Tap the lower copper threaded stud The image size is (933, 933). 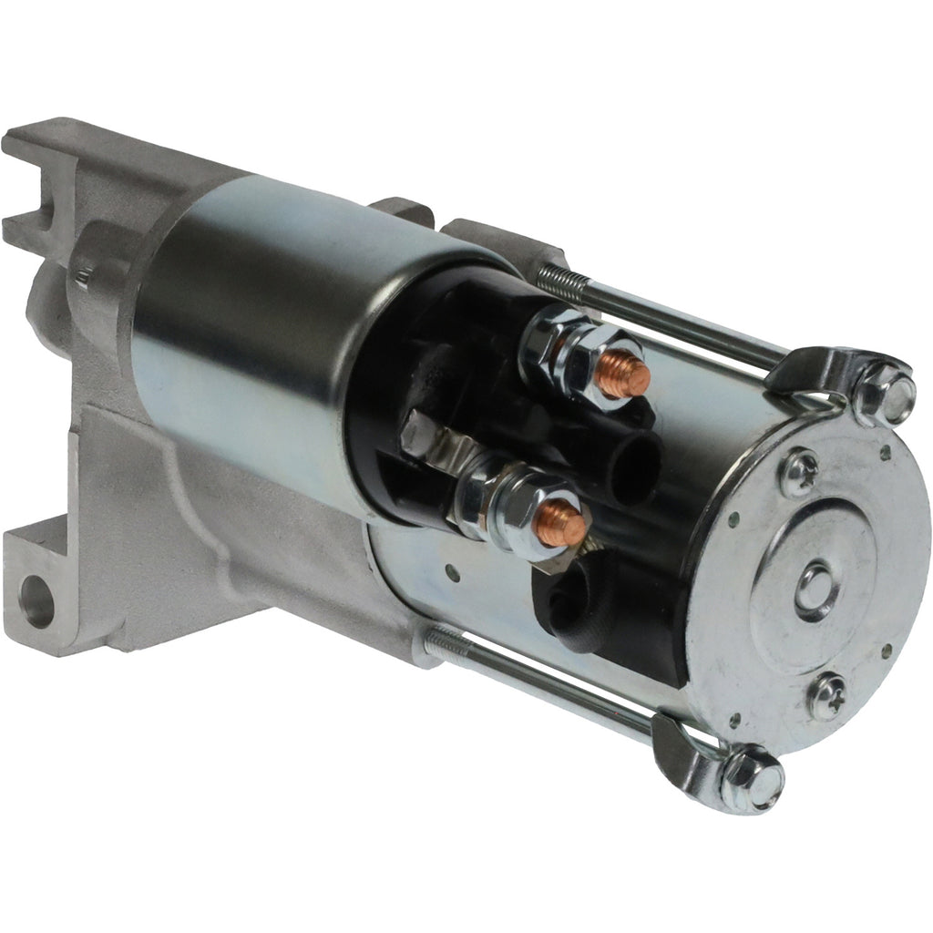coord(559,523)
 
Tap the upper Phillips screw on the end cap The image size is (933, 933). coord(800,472)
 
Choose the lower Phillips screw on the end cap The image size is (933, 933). coord(827,695)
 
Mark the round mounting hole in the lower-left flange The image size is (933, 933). coord(36,601)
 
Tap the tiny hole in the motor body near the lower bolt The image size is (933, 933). coord(451,574)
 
